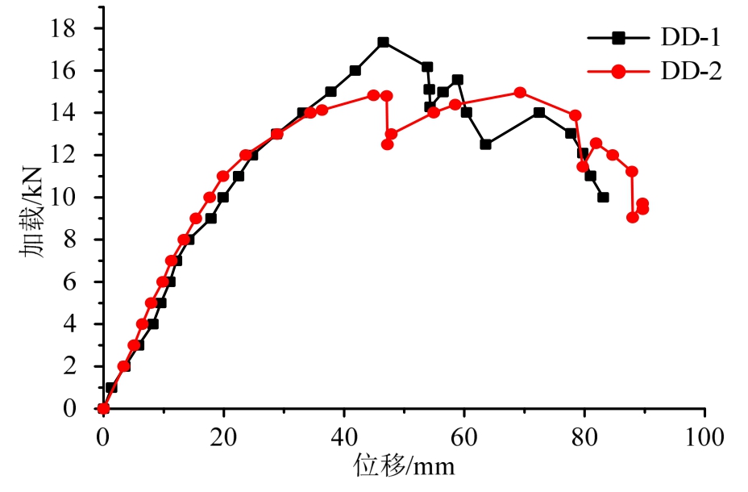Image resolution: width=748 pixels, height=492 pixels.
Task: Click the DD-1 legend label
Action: (691, 38)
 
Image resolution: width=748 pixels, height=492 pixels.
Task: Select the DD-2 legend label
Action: (691, 72)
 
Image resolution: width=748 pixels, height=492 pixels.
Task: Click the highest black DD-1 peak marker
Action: (383, 42)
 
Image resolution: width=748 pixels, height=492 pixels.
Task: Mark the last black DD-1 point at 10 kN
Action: (603, 197)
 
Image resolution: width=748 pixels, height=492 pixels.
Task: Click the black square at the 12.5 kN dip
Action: (485, 144)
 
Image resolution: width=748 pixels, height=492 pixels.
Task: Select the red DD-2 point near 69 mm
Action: (520, 92)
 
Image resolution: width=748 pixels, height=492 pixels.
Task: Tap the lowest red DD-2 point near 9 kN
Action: (633, 217)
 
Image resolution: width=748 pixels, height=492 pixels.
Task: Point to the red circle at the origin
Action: (103, 408)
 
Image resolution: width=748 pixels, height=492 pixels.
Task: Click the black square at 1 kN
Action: (111, 387)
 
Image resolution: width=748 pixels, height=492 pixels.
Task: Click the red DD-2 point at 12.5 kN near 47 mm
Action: (387, 144)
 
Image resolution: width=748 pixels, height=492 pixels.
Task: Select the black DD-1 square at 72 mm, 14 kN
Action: (538, 113)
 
